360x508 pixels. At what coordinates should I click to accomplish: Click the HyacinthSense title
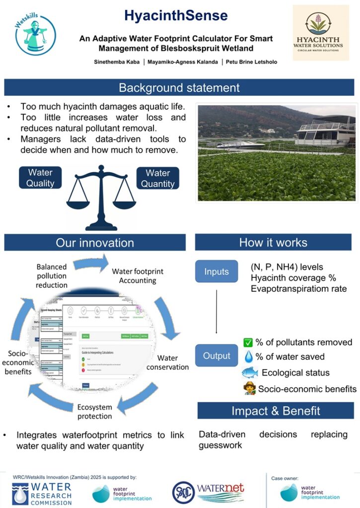pos(176,16)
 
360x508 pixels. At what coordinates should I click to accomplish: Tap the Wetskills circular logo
pos(36,35)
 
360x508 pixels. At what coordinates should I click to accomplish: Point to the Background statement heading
pos(179,88)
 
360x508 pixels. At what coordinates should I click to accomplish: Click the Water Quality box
pos(40,178)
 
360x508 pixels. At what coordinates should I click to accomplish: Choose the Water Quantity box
pos(157,178)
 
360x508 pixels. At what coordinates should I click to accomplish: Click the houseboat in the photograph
pos(325,131)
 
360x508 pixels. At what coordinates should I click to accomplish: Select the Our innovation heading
pos(95,243)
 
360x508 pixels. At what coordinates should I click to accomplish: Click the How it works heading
pos(273,243)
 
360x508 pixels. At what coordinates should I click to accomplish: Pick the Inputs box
pos(216,271)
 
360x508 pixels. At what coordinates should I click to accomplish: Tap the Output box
pos(216,356)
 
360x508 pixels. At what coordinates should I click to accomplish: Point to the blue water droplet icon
pos(248,357)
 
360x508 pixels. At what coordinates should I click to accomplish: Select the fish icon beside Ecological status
pos(250,373)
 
